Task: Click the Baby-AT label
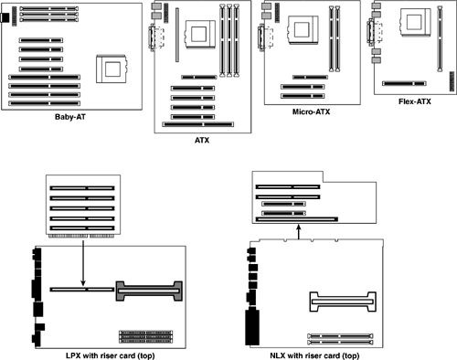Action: click(x=70, y=117)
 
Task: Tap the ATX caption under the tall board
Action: click(x=202, y=141)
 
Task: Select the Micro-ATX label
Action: click(x=311, y=111)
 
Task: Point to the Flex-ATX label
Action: click(x=415, y=101)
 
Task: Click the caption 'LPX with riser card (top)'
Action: click(x=111, y=355)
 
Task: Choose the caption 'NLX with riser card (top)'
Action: click(x=314, y=355)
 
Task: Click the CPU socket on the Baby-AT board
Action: click(x=112, y=69)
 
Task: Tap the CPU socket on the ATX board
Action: click(x=200, y=34)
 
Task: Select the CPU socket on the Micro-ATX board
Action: click(x=303, y=30)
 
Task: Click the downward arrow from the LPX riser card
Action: click(x=83, y=262)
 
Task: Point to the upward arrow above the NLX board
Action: click(x=299, y=232)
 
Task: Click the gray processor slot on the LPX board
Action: click(x=149, y=291)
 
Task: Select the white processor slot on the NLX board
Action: click(x=343, y=302)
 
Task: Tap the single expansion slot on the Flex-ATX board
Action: click(x=404, y=83)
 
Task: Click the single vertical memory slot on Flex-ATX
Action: click(x=440, y=39)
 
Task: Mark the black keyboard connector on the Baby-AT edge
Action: click(x=5, y=17)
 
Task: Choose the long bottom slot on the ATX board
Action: click(x=198, y=124)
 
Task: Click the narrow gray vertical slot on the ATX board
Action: click(x=177, y=35)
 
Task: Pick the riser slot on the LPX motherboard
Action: click(x=82, y=290)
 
